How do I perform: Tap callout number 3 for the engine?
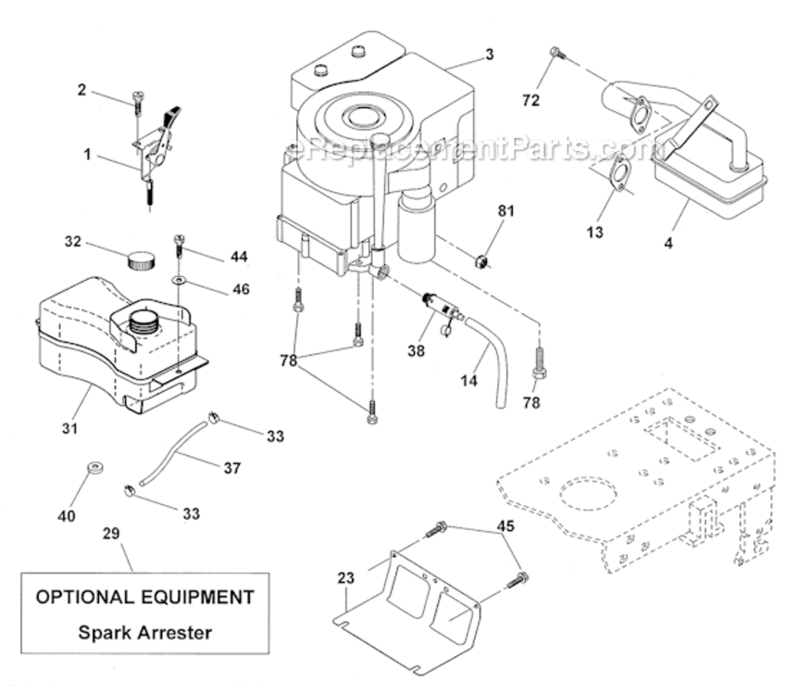[489, 55]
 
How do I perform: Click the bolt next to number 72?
[556, 54]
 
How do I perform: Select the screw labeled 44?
[180, 248]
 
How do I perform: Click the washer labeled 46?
[177, 278]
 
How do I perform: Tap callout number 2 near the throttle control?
[82, 90]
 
